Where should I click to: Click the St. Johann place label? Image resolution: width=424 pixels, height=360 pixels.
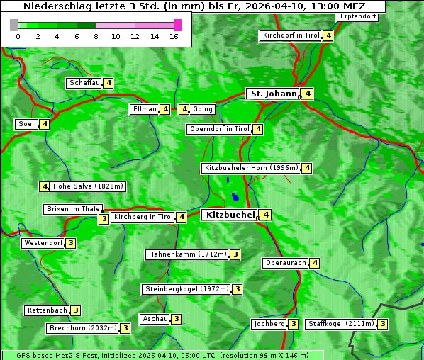(x=272, y=94)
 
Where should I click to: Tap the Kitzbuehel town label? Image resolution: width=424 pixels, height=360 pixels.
(x=229, y=214)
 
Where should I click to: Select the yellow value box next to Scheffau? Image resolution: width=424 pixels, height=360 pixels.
(x=108, y=83)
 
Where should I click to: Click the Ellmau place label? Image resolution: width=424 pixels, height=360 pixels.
(x=144, y=109)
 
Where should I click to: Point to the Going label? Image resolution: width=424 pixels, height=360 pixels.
(x=202, y=109)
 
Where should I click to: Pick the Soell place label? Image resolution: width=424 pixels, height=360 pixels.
(x=27, y=124)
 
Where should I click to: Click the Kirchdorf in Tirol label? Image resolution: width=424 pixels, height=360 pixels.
(x=291, y=35)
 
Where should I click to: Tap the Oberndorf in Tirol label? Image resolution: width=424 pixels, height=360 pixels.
(x=220, y=129)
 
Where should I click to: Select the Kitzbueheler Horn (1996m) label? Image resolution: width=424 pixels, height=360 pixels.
(x=250, y=168)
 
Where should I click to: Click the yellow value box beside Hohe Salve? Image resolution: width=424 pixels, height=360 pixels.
(x=45, y=186)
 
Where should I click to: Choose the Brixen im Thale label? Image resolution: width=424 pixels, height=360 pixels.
(x=73, y=209)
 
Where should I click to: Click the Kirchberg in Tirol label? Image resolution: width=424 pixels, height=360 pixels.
(x=143, y=217)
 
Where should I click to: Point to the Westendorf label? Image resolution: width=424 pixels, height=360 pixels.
(x=43, y=243)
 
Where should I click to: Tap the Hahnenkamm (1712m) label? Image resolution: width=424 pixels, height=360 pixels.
(x=187, y=254)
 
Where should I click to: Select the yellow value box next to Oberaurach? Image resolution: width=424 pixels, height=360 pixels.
(x=315, y=263)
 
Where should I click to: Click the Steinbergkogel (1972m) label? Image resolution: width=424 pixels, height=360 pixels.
(x=187, y=289)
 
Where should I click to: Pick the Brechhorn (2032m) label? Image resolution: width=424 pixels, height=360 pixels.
(x=82, y=328)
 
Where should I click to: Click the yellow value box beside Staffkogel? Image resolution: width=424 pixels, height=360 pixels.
(x=382, y=324)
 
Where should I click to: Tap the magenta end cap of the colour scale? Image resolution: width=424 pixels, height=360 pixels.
(x=177, y=25)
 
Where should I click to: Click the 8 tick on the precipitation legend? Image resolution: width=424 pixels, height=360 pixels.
(x=96, y=36)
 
